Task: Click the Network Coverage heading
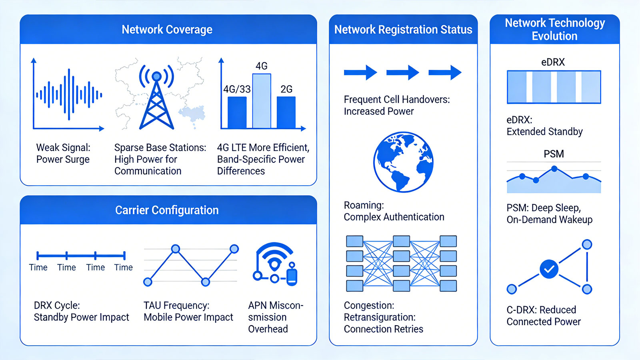(167, 30)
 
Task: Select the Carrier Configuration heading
(167, 210)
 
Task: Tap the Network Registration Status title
(403, 30)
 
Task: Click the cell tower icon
(156, 97)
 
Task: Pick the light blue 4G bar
(262, 101)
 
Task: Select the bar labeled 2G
(286, 112)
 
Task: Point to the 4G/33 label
(237, 89)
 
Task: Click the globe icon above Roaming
(403, 162)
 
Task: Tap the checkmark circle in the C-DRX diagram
(549, 269)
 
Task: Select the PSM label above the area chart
(554, 154)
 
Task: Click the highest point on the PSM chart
(554, 169)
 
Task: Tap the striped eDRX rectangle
(554, 87)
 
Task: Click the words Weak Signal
(63, 148)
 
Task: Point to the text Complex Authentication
(394, 217)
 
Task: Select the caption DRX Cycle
(57, 306)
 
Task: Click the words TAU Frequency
(176, 306)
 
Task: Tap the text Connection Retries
(384, 329)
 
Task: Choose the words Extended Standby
(544, 132)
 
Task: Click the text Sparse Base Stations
(160, 148)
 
